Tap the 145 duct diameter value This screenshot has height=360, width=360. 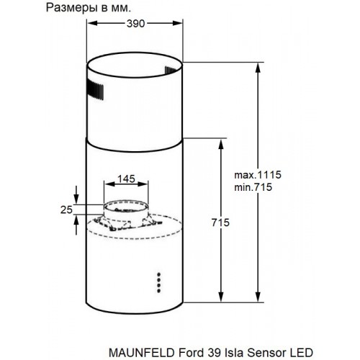tap(127, 178)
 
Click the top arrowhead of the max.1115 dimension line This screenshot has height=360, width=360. tap(257, 65)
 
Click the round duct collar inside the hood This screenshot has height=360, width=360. tap(126, 212)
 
